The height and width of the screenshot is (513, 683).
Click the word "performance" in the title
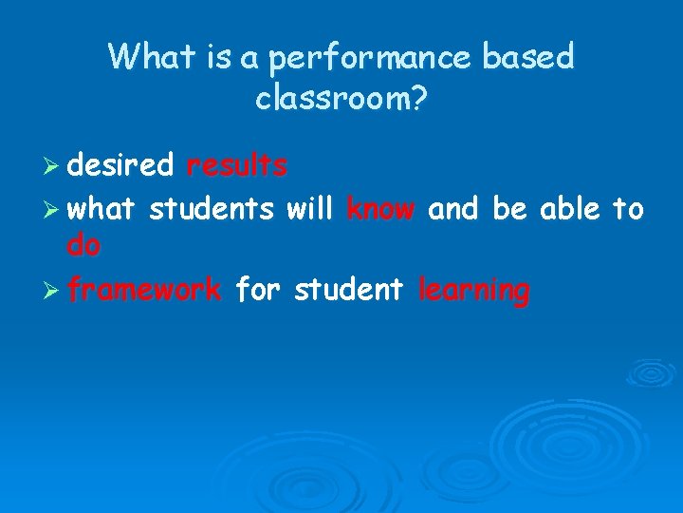[370, 58]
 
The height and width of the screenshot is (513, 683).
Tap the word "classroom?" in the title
[341, 98]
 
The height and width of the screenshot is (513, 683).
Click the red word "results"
[237, 166]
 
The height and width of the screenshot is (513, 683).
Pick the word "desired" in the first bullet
[120, 166]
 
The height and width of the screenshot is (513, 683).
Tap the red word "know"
[380, 208]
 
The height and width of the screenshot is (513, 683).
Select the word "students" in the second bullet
[212, 208]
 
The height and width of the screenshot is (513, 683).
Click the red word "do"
[83, 247]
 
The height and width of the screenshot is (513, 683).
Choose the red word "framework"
[144, 289]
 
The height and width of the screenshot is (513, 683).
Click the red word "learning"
[474, 291]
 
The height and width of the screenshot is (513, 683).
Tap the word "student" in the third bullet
[348, 289]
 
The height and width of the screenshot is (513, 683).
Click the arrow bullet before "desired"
[52, 167]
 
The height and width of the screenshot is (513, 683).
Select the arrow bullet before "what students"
[52, 209]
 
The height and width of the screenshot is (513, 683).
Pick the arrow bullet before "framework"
[52, 290]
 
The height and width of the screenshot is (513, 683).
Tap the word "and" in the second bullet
[453, 208]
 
